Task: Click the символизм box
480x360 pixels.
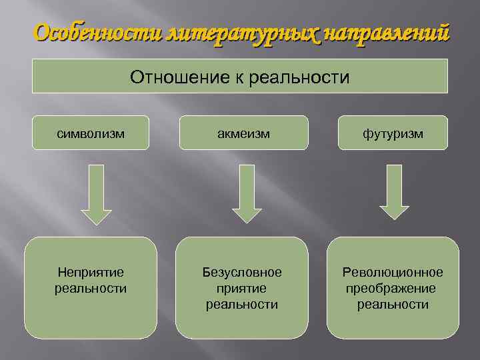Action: (90, 133)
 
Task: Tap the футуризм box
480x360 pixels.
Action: (393, 133)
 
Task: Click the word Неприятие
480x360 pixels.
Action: (91, 273)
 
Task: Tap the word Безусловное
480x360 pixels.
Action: (242, 273)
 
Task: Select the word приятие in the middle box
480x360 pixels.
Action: (242, 289)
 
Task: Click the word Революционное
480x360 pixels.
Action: (393, 273)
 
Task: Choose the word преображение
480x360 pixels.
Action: (391, 289)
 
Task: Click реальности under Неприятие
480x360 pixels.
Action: (91, 289)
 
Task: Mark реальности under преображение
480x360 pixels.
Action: (393, 305)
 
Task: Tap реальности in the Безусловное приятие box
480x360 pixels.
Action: (242, 305)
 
